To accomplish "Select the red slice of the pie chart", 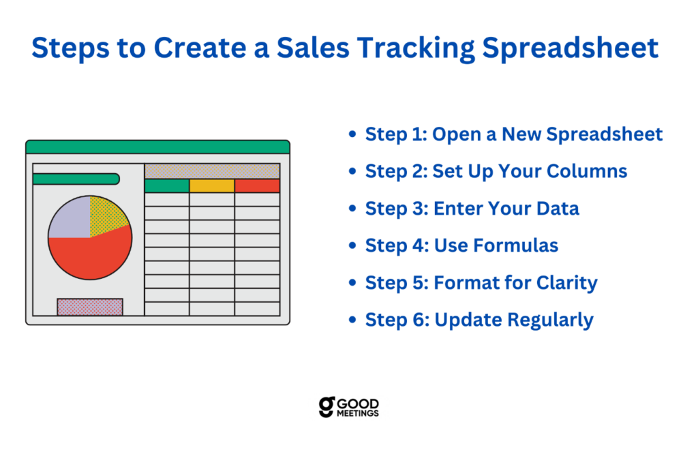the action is [x=91, y=256].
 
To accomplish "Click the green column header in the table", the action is [x=167, y=185].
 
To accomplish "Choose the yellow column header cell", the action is [x=212, y=185].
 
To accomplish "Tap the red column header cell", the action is [x=257, y=185].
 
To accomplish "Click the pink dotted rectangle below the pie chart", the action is [x=90, y=307].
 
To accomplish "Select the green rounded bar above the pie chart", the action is [x=76, y=179].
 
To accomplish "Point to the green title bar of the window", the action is [x=157, y=147].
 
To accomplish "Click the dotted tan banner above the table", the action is [x=213, y=172].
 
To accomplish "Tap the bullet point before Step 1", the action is [x=352, y=134].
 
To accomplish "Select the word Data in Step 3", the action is [x=558, y=209].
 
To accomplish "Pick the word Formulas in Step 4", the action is [x=516, y=245].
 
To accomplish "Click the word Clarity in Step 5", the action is [x=566, y=283].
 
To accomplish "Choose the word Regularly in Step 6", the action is [x=551, y=320].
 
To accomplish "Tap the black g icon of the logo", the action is [x=327, y=406].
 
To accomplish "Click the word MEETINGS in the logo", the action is [x=358, y=413].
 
